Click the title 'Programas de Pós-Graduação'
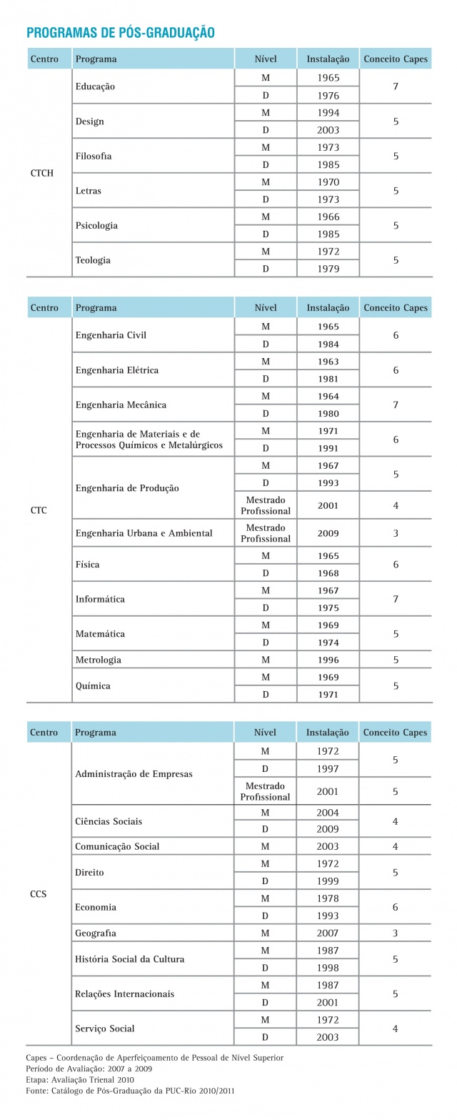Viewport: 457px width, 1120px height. tap(120, 32)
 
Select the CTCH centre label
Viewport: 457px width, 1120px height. tap(42, 173)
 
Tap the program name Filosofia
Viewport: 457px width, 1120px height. tap(94, 156)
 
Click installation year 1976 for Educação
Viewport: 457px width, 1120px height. tap(328, 96)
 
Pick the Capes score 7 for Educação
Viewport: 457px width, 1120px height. tap(396, 86)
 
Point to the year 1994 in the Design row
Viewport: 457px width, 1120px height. tap(328, 113)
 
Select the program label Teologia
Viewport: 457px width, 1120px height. tap(93, 260)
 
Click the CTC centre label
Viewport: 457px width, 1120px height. tap(39, 510)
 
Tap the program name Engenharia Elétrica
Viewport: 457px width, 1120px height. tap(117, 370)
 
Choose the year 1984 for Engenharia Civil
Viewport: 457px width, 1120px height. tap(328, 345)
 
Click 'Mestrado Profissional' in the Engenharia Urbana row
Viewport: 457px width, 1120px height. tap(266, 533)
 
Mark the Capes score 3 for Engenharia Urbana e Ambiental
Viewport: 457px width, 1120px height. tap(396, 533)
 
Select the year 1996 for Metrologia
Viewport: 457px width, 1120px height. tap(328, 660)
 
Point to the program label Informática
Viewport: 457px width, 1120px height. tap(100, 599)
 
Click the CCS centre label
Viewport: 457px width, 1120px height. tap(39, 893)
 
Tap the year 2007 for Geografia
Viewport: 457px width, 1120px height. tap(328, 933)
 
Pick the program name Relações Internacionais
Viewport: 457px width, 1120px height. tap(124, 994)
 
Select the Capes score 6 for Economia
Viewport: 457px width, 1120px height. tap(396, 907)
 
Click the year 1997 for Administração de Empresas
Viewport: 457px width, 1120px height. tap(328, 769)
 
